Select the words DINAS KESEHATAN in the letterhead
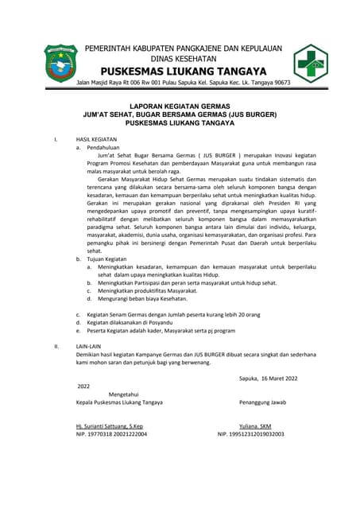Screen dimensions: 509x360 [184, 58]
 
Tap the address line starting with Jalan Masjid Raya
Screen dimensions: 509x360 [183, 82]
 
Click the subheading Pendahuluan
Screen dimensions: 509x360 [103, 148]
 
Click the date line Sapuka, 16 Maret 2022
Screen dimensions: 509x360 [270, 379]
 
